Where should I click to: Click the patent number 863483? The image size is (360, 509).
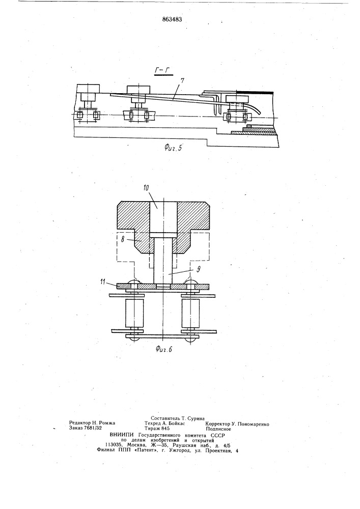point(172,19)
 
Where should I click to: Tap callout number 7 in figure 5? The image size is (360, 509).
point(182,81)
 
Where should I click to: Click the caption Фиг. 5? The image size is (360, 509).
point(173,148)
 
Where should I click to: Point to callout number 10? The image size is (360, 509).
point(146,188)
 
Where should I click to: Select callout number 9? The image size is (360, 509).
point(199,269)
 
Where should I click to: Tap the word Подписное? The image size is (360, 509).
point(218,429)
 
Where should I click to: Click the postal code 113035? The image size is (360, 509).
point(114,445)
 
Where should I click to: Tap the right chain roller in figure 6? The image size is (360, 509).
point(190,313)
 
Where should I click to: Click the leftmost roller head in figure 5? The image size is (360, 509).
point(88,88)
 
